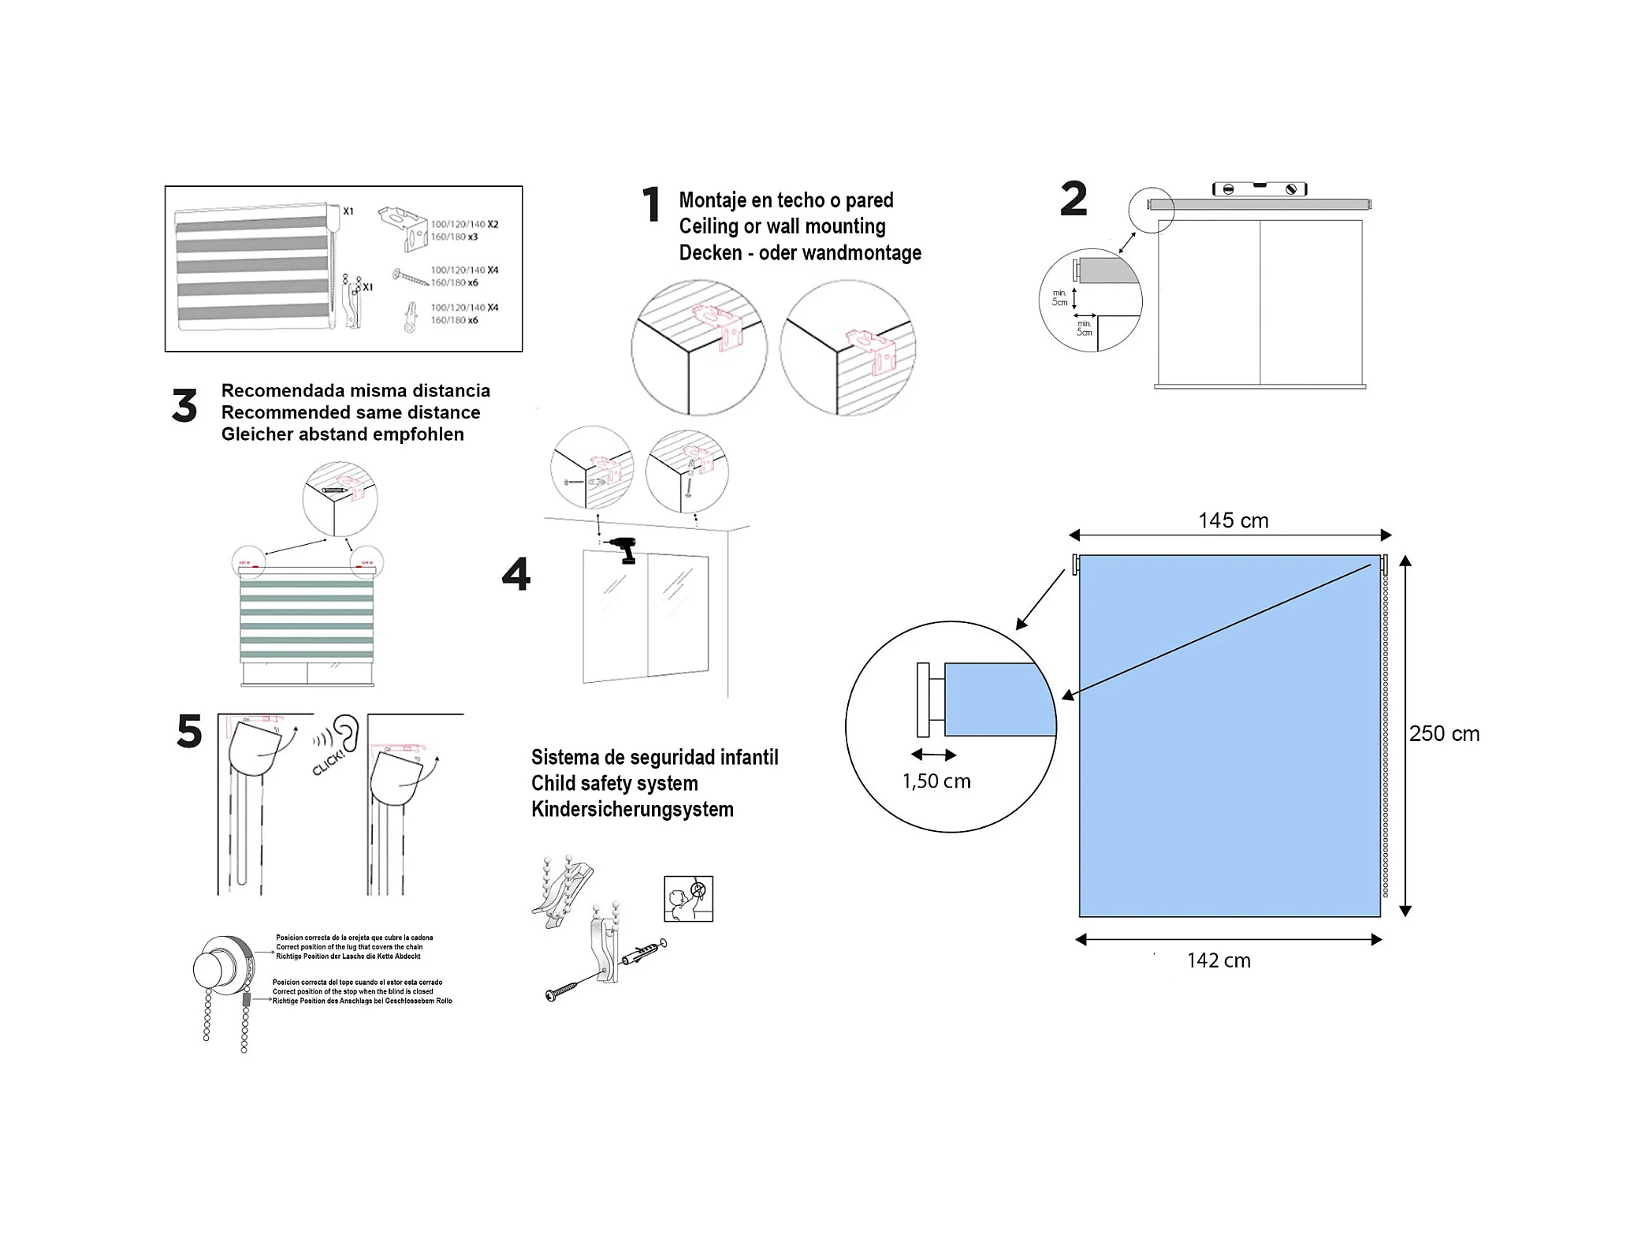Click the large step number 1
(651, 204)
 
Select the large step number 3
(184, 405)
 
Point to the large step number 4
(516, 573)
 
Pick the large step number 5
(189, 731)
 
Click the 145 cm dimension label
(1233, 520)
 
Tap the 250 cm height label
(1444, 733)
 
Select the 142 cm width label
(1219, 960)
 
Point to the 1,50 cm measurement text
(936, 781)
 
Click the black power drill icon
(623, 549)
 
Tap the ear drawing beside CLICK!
(346, 733)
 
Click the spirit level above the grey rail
(1259, 188)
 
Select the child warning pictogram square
(688, 898)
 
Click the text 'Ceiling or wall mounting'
(782, 226)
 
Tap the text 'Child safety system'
(614, 783)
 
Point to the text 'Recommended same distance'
(351, 412)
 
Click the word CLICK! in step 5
(328, 762)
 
